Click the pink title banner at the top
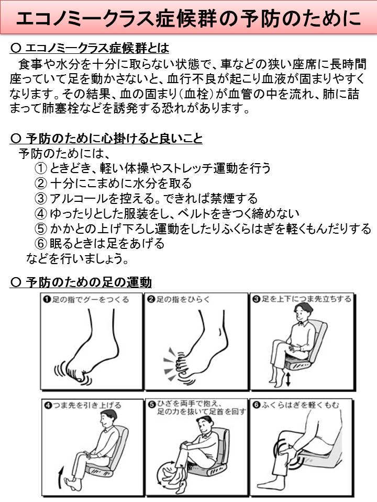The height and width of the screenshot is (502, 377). tap(188, 17)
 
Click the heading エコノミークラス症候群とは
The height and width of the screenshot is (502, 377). tap(97, 48)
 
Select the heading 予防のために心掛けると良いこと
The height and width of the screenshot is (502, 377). tap(114, 139)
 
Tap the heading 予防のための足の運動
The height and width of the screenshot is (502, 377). tap(88, 282)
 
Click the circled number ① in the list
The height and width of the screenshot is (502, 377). tap(41, 168)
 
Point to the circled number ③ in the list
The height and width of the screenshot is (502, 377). tap(41, 198)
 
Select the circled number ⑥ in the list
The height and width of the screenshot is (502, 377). tap(41, 243)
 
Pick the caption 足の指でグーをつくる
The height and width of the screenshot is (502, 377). tap(91, 300)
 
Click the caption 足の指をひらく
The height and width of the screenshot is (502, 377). tap(183, 299)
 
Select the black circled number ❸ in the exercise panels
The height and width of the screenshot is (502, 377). tap(256, 299)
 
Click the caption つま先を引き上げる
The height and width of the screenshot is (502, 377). tap(87, 405)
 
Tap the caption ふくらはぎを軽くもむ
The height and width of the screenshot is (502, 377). tap(300, 405)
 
